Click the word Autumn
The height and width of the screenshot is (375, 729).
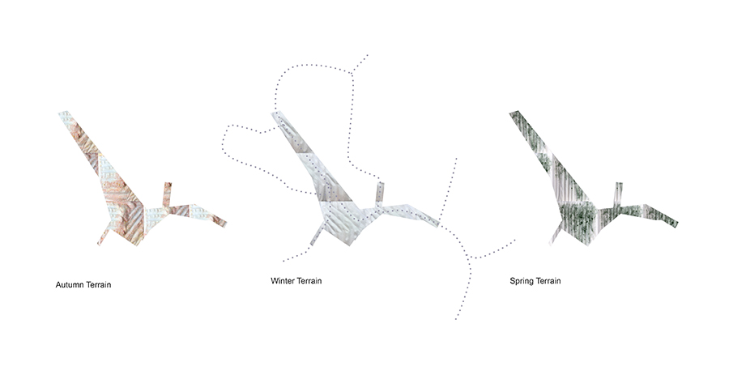click(70, 285)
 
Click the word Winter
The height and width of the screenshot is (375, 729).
click(282, 281)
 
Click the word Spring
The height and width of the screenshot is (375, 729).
click(521, 281)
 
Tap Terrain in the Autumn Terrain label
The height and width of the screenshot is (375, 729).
click(99, 285)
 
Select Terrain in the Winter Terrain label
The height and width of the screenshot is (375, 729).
click(309, 281)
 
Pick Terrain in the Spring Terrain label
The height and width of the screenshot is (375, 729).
click(548, 281)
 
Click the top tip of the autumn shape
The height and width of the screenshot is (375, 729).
click(64, 113)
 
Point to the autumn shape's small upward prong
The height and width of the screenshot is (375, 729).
click(166, 194)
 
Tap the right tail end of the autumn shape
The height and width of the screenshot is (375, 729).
click(224, 224)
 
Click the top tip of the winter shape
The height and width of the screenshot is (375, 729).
click(276, 113)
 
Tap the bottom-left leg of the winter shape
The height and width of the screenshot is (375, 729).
click(317, 235)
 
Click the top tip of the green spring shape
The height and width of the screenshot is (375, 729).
click(514, 113)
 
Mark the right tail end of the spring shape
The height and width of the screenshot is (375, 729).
click(675, 224)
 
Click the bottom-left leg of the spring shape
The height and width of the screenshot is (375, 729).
click(556, 235)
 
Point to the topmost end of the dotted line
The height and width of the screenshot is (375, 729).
click(368, 55)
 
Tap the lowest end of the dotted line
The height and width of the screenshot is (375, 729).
click(455, 319)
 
